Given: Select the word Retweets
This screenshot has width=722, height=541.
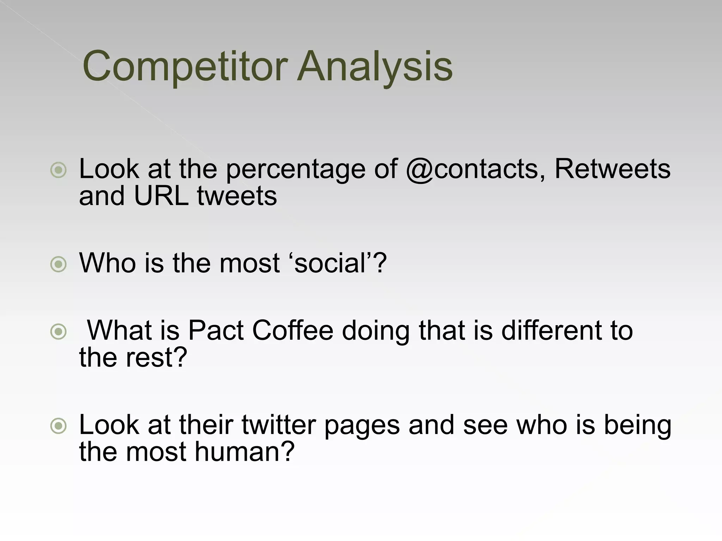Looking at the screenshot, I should [x=612, y=169].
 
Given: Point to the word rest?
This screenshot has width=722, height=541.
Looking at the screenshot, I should [x=156, y=357].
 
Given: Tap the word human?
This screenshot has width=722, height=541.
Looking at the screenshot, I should [x=244, y=452].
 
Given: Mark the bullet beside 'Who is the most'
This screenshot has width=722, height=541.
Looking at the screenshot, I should [x=58, y=264].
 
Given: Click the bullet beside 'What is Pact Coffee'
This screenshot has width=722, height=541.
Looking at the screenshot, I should [x=58, y=331].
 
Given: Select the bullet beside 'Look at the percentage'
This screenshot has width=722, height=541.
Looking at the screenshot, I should [x=58, y=170].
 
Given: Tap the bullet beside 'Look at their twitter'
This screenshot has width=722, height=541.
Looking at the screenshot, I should [x=58, y=426].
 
